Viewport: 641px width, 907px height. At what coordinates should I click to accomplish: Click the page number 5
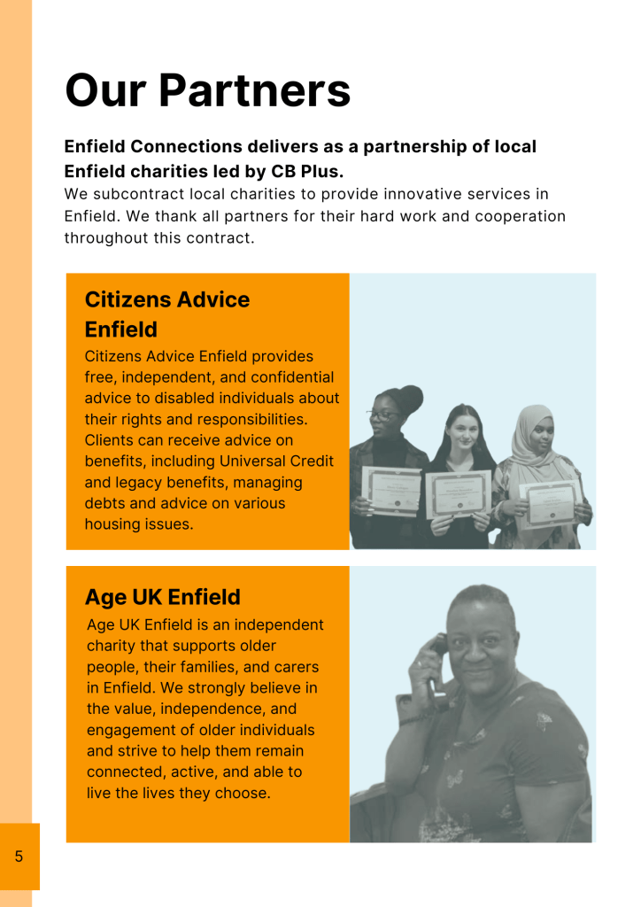click(19, 857)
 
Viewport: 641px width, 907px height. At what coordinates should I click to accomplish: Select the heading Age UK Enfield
click(162, 596)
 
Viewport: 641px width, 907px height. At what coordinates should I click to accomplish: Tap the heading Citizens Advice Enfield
click(167, 314)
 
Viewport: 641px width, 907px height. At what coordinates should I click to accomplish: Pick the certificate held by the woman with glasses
click(391, 488)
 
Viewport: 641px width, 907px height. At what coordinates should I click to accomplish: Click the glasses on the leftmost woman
click(382, 414)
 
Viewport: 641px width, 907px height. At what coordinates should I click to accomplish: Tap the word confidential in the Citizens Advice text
click(291, 377)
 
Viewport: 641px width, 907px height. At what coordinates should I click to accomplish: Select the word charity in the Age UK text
click(113, 646)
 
